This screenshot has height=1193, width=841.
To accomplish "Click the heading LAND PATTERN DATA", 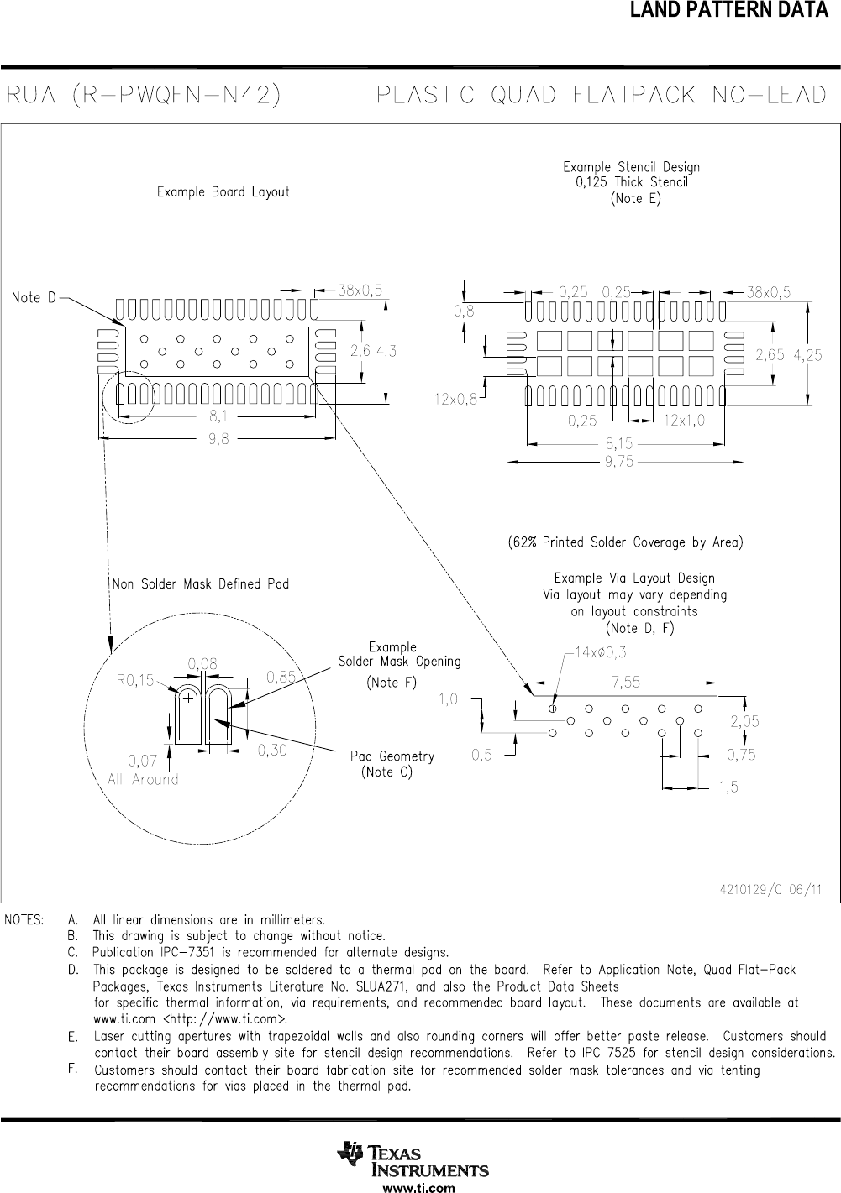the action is [x=729, y=9].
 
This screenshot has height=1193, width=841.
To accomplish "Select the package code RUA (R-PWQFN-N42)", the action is [x=144, y=96].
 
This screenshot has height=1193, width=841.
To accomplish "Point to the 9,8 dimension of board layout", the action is [x=218, y=438].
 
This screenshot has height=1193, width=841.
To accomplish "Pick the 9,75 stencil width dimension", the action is [x=619, y=461].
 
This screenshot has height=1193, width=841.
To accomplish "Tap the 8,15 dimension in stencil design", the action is [x=619, y=443].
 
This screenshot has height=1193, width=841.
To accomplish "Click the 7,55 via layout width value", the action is [x=626, y=682].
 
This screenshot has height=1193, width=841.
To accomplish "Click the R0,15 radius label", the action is [x=135, y=680].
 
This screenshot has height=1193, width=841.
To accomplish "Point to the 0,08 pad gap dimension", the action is [x=202, y=663].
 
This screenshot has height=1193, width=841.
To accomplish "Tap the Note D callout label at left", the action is [x=34, y=297].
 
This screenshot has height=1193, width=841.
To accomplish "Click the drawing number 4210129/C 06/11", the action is [x=770, y=889].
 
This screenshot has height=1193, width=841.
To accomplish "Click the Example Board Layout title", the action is [x=223, y=191].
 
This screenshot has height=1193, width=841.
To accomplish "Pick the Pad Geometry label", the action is [x=392, y=756].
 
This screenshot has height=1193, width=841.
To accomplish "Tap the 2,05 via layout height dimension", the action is [x=744, y=721].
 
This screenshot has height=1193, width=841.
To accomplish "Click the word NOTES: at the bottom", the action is [x=24, y=920].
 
